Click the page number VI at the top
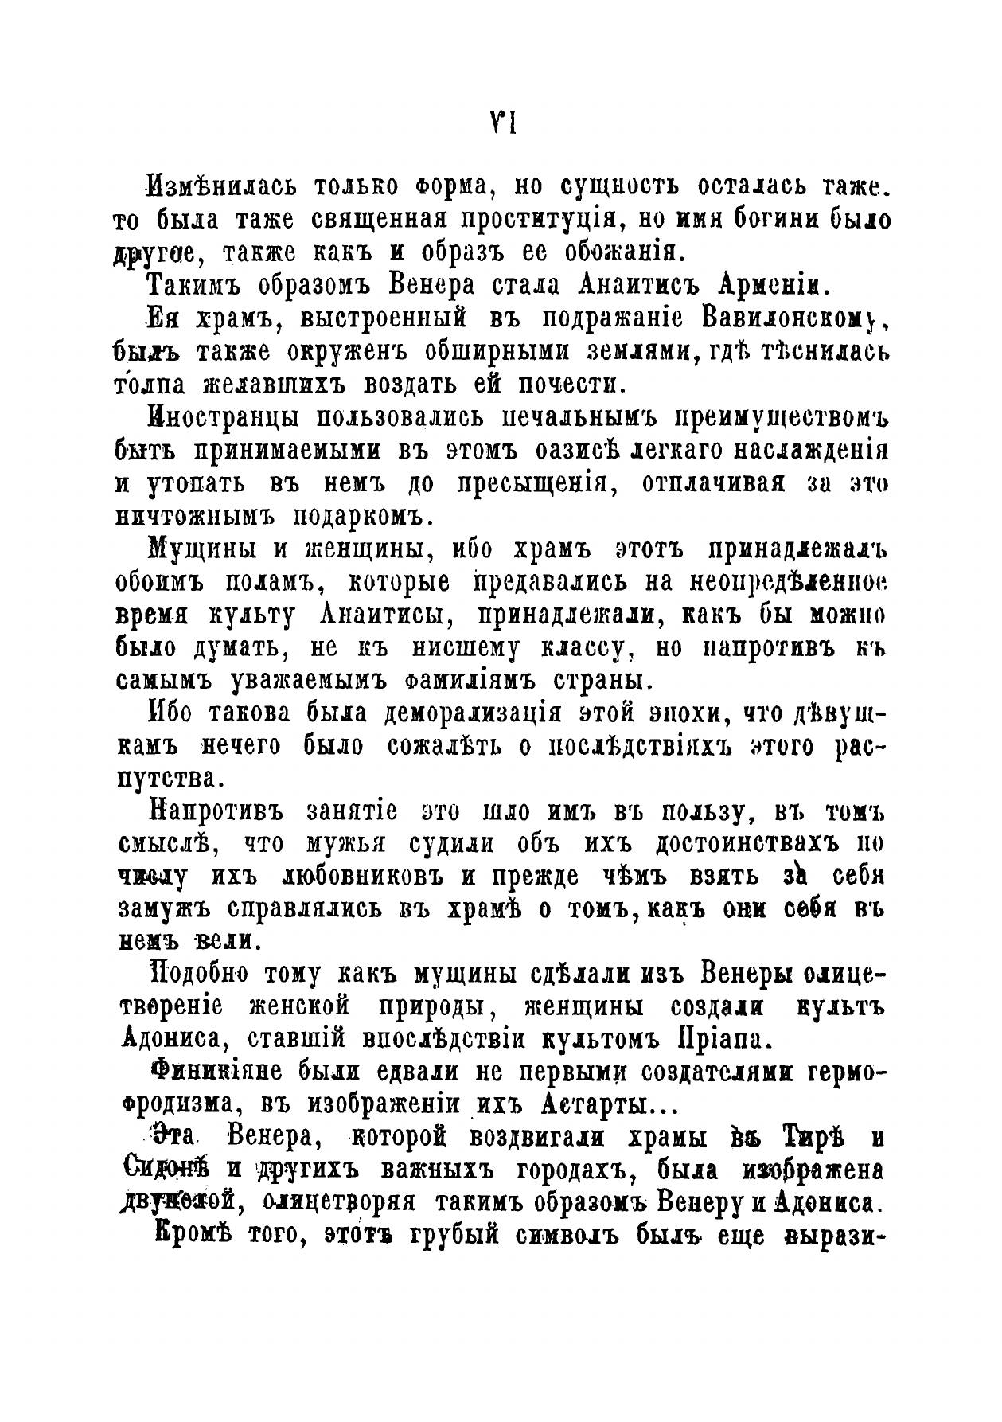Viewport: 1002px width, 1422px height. pyautogui.click(x=502, y=124)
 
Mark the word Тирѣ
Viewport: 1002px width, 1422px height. pyautogui.click(x=809, y=1139)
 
